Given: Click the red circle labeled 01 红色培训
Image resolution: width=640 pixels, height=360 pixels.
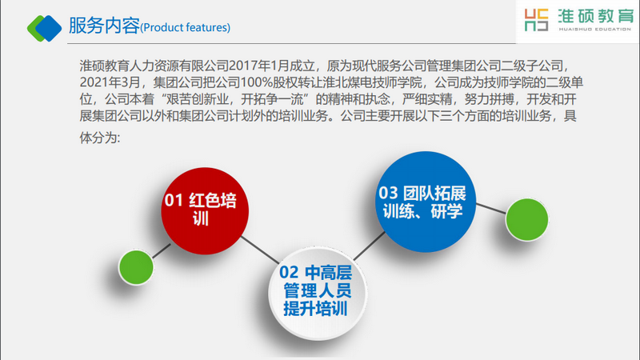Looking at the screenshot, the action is (205, 211).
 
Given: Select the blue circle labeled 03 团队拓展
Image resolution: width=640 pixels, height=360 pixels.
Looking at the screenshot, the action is (426, 202).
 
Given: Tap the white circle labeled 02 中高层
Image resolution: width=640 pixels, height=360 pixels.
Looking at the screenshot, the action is (318, 292).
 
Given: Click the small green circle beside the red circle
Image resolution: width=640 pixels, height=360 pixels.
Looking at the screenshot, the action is (136, 267).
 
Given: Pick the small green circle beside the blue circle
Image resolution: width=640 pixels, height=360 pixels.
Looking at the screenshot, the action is (527, 219).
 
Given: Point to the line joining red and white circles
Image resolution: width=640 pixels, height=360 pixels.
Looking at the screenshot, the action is (260, 250).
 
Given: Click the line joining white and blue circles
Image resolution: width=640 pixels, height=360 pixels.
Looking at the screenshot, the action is (369, 246).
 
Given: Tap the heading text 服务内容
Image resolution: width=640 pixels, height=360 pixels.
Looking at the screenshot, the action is (104, 26).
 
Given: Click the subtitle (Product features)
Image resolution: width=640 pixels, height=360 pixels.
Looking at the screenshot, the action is (186, 28).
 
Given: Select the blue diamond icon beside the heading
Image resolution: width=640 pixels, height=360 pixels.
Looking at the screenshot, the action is (49, 28).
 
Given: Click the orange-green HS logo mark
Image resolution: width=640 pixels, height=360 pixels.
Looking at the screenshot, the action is (536, 20).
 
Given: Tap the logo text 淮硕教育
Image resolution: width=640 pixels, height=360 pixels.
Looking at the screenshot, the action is (595, 16).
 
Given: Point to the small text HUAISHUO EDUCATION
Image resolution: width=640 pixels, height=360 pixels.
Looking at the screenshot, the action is (595, 30).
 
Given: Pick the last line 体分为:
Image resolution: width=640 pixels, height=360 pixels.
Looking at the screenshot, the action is (100, 138).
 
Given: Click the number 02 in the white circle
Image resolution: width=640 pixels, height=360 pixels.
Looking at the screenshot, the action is (289, 272).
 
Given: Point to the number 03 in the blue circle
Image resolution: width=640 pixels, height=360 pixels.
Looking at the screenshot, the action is (388, 193).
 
